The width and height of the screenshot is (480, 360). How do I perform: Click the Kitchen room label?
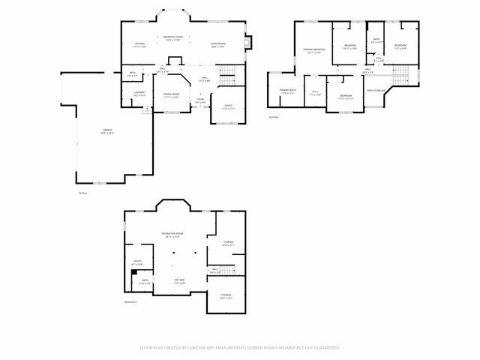pyautogui.click(x=139, y=44)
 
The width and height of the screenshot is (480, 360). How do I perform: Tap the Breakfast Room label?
pyautogui.click(x=173, y=37)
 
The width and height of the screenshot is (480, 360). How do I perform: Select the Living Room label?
pyautogui.click(x=217, y=44)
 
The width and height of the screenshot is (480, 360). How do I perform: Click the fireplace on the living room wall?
pyautogui.click(x=250, y=43)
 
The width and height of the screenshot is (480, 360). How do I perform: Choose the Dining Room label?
pyautogui.click(x=171, y=94)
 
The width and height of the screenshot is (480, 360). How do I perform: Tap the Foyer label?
pyautogui.click(x=200, y=99)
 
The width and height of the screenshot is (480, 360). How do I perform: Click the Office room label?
pyautogui.click(x=228, y=106)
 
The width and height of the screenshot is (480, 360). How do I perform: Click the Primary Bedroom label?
pyautogui.click(x=313, y=49)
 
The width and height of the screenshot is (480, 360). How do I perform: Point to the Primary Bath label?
pyautogui.click(x=287, y=91)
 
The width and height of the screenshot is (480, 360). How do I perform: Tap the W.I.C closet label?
pyautogui.click(x=316, y=92)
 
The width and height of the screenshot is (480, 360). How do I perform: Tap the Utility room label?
pyautogui.click(x=136, y=262)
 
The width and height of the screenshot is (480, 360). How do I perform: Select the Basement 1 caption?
pyautogui.click(x=132, y=302)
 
